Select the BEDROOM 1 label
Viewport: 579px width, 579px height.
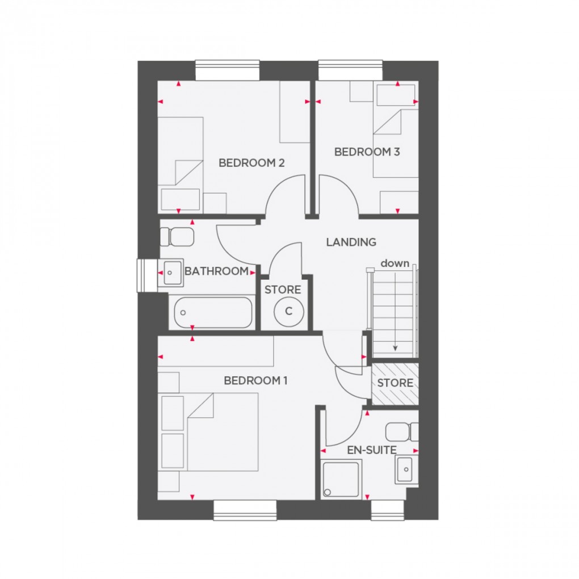(255, 380)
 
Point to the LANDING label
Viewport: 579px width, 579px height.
(351, 242)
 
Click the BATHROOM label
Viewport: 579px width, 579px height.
(216, 271)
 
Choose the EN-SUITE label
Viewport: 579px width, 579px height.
(372, 450)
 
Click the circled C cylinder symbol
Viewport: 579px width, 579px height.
(288, 311)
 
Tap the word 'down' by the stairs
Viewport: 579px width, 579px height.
(395, 263)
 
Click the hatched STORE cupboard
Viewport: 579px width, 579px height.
(395, 383)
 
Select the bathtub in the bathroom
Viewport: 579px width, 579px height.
(213, 312)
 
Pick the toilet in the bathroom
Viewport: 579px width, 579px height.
(177, 236)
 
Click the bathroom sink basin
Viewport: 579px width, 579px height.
(170, 274)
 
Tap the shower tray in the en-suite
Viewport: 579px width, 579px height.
(341, 480)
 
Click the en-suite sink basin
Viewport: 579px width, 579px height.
(406, 469)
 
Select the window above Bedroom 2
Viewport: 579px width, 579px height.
(228, 70)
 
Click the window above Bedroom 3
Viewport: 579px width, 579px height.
(350, 70)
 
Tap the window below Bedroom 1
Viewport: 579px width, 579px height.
(245, 510)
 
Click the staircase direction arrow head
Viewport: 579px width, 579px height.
(395, 348)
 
